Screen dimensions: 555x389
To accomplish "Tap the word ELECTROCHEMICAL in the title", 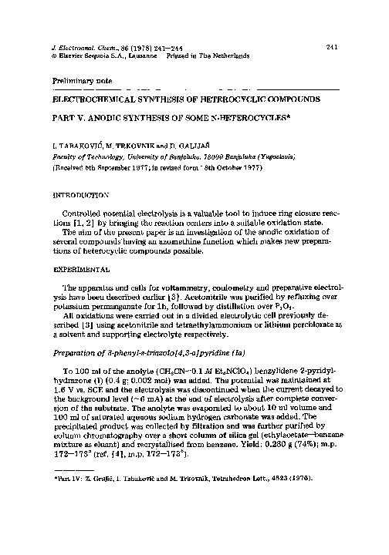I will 90,100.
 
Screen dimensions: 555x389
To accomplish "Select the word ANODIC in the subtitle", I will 103,119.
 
